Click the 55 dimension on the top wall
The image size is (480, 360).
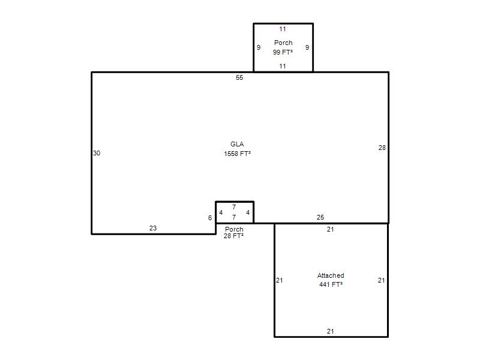point(239,77)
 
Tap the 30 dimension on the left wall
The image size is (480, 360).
point(97,153)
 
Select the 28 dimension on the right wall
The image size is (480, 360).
point(382,148)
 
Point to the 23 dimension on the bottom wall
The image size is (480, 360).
point(153,228)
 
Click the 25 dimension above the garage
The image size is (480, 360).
point(320,217)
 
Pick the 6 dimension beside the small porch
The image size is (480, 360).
point(210,218)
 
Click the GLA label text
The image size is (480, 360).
point(237,144)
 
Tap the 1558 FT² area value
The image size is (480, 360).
point(237,154)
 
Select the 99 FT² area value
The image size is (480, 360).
point(283,52)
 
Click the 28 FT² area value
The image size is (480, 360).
point(233,236)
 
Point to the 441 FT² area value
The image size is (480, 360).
point(331,284)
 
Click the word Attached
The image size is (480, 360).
point(331,275)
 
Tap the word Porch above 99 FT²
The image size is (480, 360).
point(283,43)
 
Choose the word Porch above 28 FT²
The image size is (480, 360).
point(234,229)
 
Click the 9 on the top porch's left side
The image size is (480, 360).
point(259,47)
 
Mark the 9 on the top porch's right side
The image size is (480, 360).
point(307,47)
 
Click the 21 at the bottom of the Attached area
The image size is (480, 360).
point(331,331)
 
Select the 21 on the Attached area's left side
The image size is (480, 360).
point(280,280)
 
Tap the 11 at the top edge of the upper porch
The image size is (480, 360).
point(283,29)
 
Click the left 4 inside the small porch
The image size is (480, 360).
point(221,212)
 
